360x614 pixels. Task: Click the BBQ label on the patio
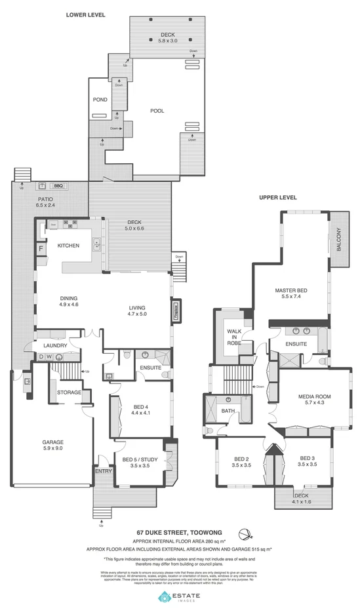[x=58, y=186]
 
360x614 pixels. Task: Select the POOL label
[x=157, y=111]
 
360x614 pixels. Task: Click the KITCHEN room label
[x=68, y=246]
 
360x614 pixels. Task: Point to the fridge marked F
[x=41, y=248]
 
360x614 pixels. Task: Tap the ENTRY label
[x=103, y=470]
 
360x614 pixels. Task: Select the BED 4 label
[x=142, y=410]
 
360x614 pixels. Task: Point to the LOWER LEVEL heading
[x=85, y=14]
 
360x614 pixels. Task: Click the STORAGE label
[x=69, y=393]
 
